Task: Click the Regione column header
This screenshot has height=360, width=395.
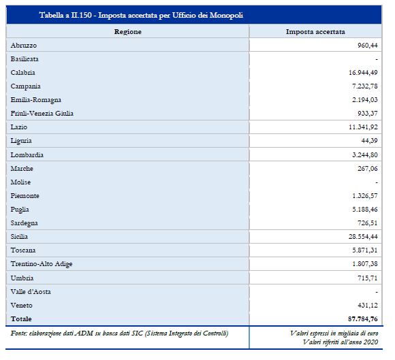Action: point(128,32)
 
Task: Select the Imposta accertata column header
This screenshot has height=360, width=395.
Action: point(315,32)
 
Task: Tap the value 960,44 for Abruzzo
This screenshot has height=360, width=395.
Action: point(368,46)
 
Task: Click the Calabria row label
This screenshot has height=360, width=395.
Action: point(22,73)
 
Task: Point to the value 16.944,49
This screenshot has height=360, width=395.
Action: point(363,73)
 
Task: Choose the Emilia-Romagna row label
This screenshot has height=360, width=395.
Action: point(36,100)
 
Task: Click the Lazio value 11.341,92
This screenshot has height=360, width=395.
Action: point(363,127)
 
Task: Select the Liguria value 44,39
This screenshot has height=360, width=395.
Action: point(369,140)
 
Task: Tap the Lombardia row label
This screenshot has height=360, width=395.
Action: point(27,154)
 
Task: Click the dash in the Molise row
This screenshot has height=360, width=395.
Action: point(377,182)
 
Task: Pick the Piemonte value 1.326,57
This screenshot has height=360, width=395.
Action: point(365,195)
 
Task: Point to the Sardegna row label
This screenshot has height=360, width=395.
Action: point(25,223)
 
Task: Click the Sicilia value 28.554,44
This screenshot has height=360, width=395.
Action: point(363,236)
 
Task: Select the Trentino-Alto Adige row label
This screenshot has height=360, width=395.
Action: point(42,264)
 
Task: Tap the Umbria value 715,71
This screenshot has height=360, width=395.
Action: point(368,278)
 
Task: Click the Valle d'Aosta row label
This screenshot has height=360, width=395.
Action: point(31,291)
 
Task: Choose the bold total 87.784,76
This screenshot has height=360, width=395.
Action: point(363,318)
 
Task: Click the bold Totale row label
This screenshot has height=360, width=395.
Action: point(21,318)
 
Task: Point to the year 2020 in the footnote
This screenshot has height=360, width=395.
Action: point(370,342)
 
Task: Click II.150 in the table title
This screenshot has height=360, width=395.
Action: point(81,15)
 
